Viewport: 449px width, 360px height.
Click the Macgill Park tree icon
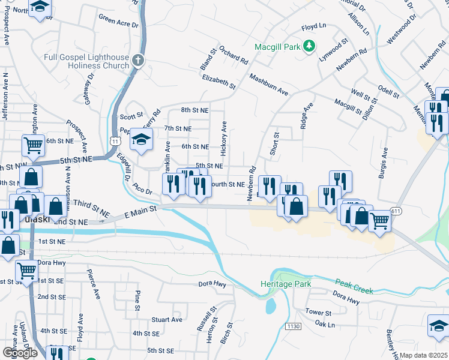pyautogui.click(x=309, y=46)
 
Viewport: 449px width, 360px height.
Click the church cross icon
pyautogui.click(x=137, y=61)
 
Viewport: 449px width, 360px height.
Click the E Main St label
pyautogui.click(x=140, y=210)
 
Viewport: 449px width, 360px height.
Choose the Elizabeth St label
pyautogui.click(x=219, y=82)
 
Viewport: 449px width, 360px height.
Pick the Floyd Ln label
pyautogui.click(x=313, y=27)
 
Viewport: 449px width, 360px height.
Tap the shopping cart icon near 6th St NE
pyautogui.click(x=34, y=144)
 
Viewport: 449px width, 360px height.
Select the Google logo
pyautogui.click(x=19, y=353)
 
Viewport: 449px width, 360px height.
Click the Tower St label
pyautogui.click(x=318, y=313)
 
